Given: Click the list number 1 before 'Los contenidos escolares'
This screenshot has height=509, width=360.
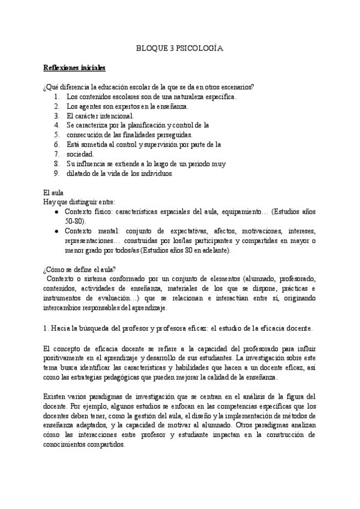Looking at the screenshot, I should tap(56, 96).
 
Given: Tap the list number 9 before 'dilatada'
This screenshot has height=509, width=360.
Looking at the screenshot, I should tap(56, 173).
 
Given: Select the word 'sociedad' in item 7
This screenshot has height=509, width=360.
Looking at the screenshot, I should tap(80, 154).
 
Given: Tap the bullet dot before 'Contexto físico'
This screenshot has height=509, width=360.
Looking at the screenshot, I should tap(56, 212).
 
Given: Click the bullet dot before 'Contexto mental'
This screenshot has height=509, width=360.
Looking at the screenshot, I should tap(56, 231).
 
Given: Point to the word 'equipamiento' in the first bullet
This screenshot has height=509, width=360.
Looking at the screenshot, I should tap(242, 212).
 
